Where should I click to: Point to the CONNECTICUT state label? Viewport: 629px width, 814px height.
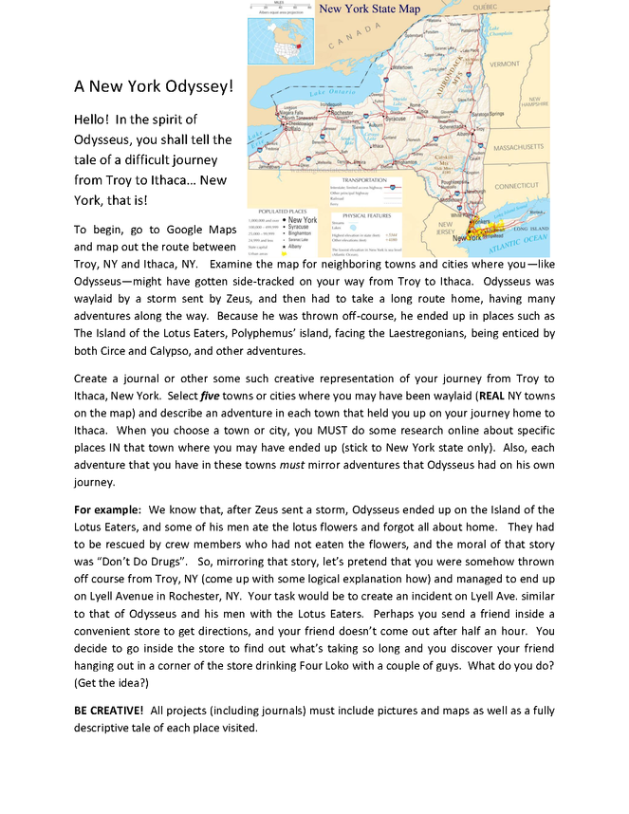[x=517, y=186]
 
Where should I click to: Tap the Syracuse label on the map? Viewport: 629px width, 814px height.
[x=395, y=119]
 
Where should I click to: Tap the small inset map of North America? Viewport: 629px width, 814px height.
[x=276, y=30]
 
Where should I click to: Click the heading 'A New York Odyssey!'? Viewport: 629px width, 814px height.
[x=154, y=86]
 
